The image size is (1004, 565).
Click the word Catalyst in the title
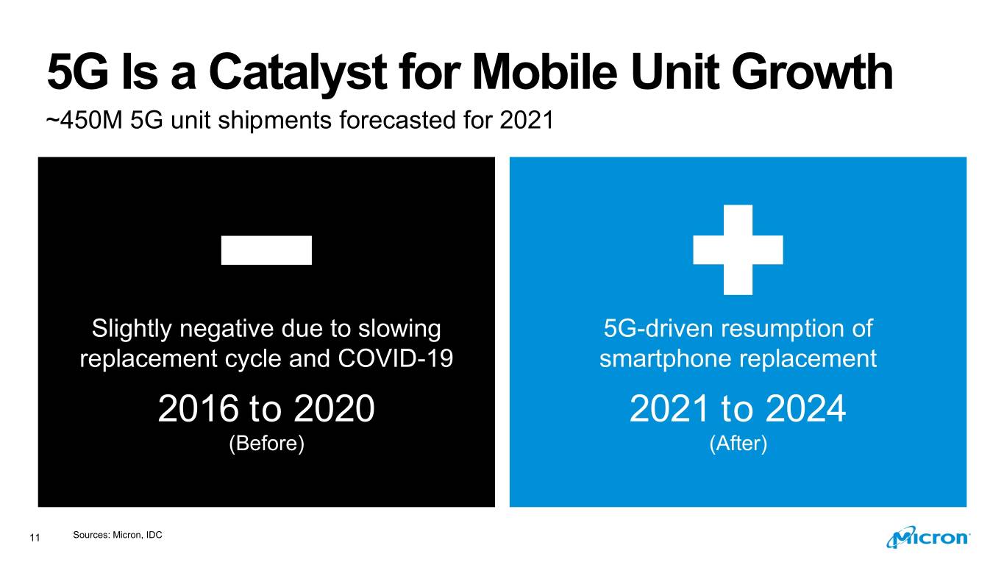click(298, 73)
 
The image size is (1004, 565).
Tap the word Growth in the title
click(813, 72)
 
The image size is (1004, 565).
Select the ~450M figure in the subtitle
click(85, 120)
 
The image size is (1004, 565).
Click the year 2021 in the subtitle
click(527, 120)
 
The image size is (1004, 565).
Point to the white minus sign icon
click(266, 250)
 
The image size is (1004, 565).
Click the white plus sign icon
click(738, 250)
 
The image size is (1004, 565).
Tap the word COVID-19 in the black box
click(395, 358)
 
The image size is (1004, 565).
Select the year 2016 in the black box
click(198, 408)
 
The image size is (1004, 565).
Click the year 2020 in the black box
click(335, 408)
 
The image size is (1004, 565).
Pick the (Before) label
click(267, 444)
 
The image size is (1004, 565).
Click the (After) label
click(738, 444)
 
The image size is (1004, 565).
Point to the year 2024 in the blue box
click(806, 408)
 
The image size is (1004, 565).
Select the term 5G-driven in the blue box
click(659, 329)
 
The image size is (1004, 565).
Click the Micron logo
click(928, 536)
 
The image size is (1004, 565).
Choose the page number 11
click(35, 538)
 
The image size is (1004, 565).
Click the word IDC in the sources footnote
click(154, 535)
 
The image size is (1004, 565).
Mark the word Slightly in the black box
click(132, 330)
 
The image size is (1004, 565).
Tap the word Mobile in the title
click(545, 72)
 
